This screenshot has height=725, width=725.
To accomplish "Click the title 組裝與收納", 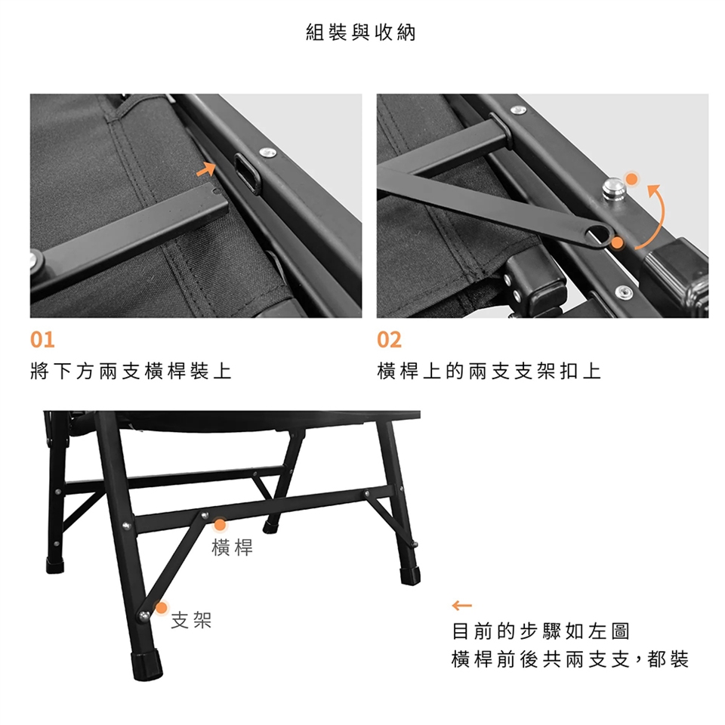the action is pos(361,32).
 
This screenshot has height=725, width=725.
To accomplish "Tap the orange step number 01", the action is pos(42,340).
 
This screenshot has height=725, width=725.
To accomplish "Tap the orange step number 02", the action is pos(389,340).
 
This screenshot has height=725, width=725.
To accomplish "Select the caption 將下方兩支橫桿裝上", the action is pos(131,371).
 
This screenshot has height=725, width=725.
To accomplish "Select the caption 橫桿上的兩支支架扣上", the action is pos(489,371).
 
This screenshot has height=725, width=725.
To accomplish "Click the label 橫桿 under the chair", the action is pos(232,548).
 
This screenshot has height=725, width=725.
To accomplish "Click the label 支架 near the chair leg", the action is pos(191,620).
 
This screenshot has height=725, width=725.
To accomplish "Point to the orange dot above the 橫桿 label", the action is pos(220,525).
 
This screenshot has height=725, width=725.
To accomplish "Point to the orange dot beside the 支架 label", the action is pos(162,607).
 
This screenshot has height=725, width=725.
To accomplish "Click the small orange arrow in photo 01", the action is pos(207,168).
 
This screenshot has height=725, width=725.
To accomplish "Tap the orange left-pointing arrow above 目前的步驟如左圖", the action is pos(462,605).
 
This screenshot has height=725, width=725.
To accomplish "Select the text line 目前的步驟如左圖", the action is pos(541,631).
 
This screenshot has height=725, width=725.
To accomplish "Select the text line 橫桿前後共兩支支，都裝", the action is pos(570,659).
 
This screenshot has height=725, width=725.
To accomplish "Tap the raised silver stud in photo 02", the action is pos(614,189).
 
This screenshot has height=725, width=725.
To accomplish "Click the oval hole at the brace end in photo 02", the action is pos(600,234).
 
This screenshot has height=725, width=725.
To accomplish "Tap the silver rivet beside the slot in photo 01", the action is pos(267,152).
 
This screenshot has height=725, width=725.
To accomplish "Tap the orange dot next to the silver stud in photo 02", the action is pos(631,179).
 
